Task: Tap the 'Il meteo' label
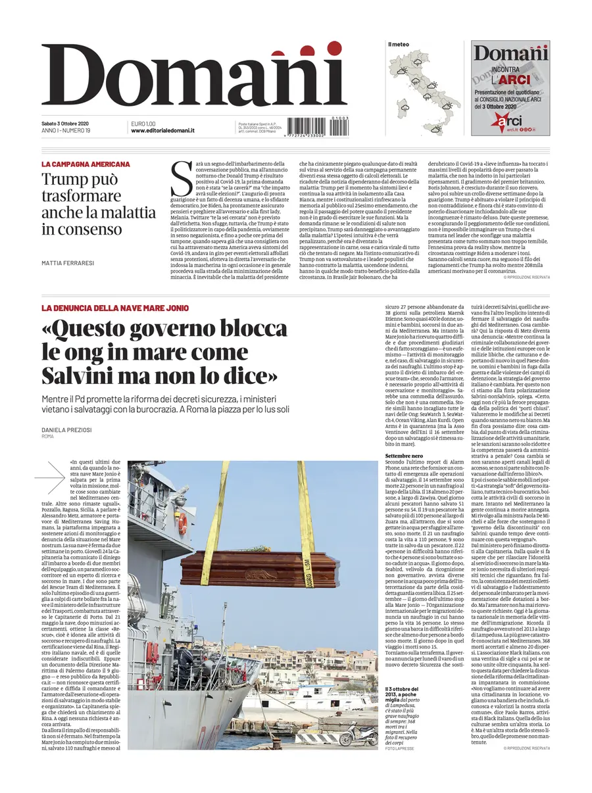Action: click(399, 44)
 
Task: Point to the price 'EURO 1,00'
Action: click(143, 124)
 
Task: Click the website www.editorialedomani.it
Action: click(162, 131)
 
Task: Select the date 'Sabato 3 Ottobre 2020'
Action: click(65, 124)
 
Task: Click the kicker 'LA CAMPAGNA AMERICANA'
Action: click(86, 164)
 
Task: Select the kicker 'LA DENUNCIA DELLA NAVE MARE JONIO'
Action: click(115, 308)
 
